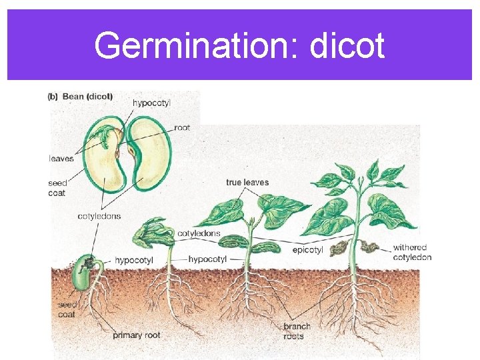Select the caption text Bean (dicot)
tap(87, 97)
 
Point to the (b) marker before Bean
tap(53, 97)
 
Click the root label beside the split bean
tap(182, 127)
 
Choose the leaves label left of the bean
tap(61, 158)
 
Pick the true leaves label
tap(247, 182)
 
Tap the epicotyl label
tap(307, 250)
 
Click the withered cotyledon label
tap(412, 252)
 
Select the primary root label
tap(137, 335)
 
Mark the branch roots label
tap(297, 331)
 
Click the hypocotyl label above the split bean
tap(151, 103)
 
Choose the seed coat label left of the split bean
tap(57, 188)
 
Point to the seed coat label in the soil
tap(67, 309)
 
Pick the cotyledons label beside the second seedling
tap(199, 234)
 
